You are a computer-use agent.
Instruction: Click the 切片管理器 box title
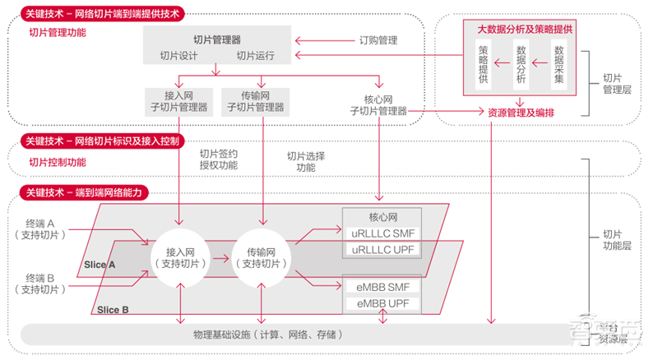217,39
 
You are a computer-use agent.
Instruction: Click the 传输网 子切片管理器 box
262,101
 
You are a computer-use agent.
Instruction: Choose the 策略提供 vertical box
484,65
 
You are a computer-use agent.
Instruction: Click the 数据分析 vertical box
521,65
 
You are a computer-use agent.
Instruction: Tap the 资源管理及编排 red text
521,112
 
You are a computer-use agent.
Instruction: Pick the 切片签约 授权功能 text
218,159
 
